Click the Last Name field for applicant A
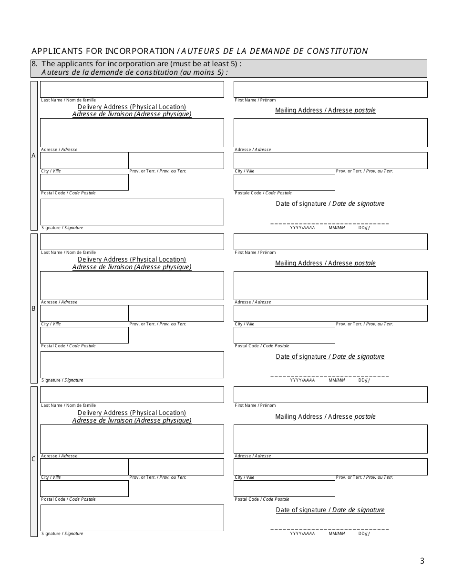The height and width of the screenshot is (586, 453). tap(132, 90)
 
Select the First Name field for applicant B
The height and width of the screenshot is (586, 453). tap(330, 242)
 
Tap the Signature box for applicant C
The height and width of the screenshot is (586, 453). tap(132, 518)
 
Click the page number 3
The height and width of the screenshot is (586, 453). tap(422, 561)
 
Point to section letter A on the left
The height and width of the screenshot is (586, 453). tap(33, 156)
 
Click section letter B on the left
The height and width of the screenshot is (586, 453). tap(33, 308)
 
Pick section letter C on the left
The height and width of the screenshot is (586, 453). tap(33, 459)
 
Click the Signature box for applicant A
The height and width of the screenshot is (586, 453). tap(132, 212)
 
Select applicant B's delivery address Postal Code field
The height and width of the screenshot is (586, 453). tap(84, 335)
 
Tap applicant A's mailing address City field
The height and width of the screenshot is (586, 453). tap(284, 161)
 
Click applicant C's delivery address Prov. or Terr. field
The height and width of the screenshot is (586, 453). tap(176, 467)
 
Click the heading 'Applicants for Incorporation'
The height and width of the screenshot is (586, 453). tap(103, 51)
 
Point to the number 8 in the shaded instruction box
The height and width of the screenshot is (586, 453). tap(34, 64)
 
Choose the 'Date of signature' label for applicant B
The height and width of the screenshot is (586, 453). tap(330, 356)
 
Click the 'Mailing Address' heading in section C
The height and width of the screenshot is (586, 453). tap(325, 416)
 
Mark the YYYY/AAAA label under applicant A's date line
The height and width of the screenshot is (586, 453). tap(302, 228)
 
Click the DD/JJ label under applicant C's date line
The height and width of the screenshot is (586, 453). tap(364, 534)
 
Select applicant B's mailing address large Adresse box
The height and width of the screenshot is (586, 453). tap(330, 285)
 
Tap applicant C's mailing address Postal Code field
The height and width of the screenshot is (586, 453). tap(284, 489)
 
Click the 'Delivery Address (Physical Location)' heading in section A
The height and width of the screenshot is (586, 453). tap(132, 107)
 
